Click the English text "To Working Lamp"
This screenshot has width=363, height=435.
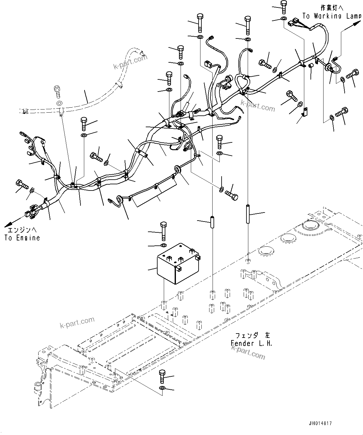coord(332,16)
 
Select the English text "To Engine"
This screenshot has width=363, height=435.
coord(22,238)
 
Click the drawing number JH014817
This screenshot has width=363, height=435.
coord(320,424)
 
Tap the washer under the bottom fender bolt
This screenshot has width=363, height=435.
coord(162,388)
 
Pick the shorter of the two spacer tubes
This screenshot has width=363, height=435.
coord(213,222)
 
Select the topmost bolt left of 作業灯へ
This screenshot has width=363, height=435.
coord(283,6)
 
